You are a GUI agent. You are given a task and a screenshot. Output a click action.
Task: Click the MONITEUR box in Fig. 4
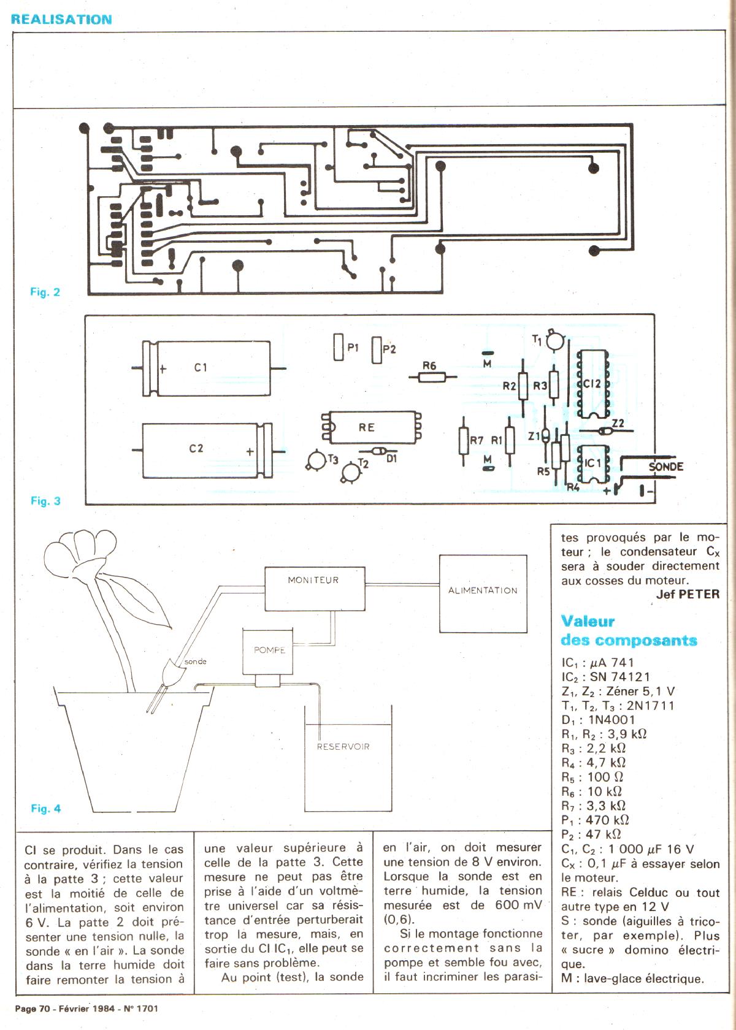click(314, 588)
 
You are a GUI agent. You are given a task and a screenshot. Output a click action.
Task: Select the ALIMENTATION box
click(483, 593)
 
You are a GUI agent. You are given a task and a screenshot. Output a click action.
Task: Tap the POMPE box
click(269, 650)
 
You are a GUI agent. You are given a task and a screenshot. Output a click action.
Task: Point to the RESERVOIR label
click(343, 747)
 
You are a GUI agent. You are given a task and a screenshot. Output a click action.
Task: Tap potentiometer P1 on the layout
click(338, 348)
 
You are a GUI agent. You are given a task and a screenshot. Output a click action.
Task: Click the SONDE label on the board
click(665, 467)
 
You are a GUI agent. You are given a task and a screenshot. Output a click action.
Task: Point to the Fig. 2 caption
click(45, 292)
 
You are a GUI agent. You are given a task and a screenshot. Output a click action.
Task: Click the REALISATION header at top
click(61, 19)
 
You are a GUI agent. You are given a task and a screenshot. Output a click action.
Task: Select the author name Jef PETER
click(688, 594)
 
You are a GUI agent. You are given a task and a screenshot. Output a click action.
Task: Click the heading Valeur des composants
click(629, 631)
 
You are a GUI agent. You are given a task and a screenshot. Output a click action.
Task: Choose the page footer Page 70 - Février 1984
click(86, 1008)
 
